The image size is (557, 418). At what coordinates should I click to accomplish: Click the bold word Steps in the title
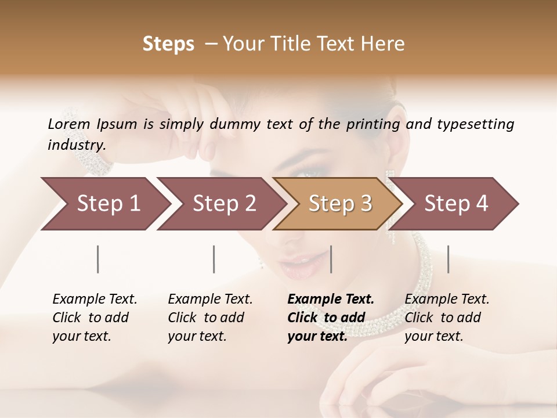168,44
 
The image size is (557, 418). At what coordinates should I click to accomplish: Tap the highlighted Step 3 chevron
339,204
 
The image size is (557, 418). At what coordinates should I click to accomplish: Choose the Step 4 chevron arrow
456,204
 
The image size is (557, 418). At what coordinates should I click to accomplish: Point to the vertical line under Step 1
98,259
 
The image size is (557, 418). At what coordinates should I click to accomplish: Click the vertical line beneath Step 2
214,259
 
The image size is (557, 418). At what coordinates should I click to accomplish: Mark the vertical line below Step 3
331,259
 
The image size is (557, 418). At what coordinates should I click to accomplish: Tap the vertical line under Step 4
449,259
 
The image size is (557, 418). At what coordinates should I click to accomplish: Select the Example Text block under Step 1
95,318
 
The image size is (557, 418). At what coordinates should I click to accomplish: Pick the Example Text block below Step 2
210,318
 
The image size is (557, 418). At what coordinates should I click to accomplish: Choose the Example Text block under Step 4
447,318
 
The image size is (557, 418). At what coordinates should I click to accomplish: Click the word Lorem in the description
69,124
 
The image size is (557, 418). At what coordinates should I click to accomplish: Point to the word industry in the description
77,145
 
